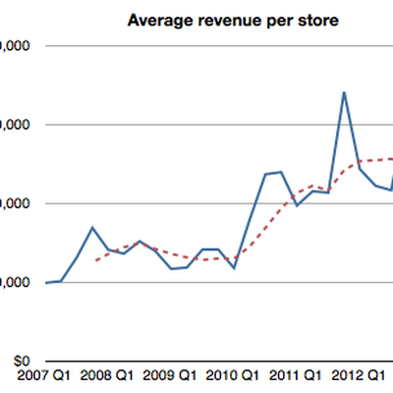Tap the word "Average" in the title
pos(152,21)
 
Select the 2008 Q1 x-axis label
pos(110,375)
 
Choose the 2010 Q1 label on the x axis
pos(234,375)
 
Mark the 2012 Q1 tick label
pos(359,375)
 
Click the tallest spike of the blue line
pos(343,92)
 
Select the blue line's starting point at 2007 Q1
pos(46,283)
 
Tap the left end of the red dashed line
pos(94,261)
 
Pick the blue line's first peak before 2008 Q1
pos(91,228)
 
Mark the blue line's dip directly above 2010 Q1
pos(234,267)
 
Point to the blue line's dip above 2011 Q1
pos(297,205)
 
